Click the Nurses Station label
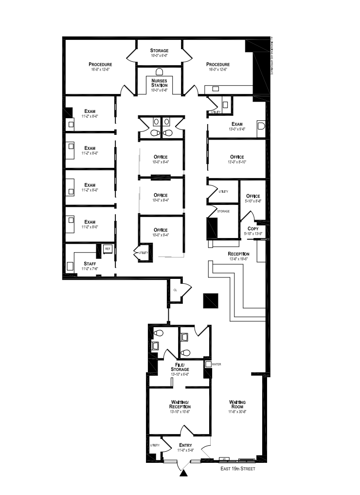pos(159,83)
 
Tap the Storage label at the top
pos(159,51)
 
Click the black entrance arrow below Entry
pos(184,472)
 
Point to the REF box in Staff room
pos(108,249)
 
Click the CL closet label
pos(175,290)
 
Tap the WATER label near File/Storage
pos(216,364)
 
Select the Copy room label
pos(253,228)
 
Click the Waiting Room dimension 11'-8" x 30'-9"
pos(238,411)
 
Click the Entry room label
pos(185,445)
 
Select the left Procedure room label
pos(100,64)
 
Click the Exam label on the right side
pos(237,124)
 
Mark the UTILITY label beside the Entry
pos(155,445)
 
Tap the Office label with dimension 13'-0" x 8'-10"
pos(237,157)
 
